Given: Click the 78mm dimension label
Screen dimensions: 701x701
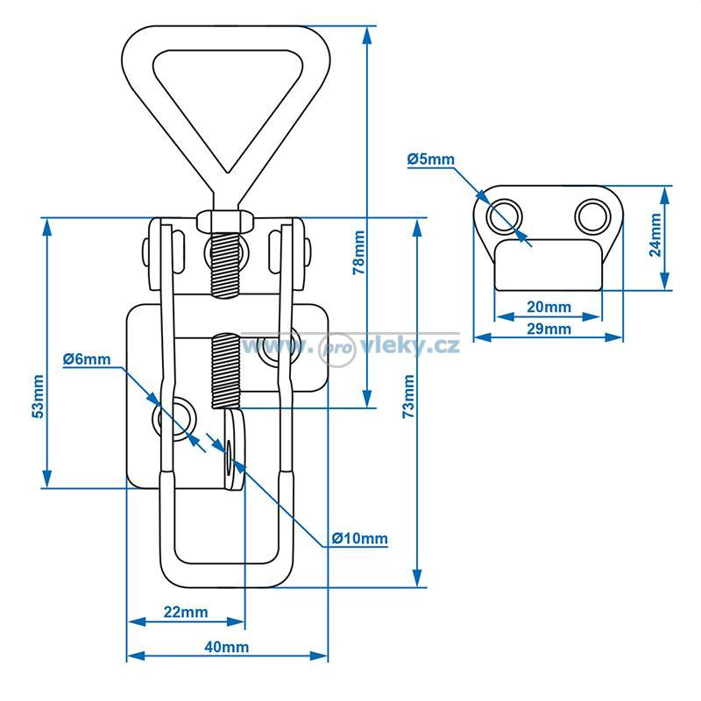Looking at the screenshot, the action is [x=358, y=252].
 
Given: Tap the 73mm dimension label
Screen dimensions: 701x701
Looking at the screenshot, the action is [x=408, y=397].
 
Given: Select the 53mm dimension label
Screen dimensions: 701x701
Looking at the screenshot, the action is [x=38, y=397].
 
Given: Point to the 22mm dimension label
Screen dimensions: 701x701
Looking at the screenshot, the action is [x=186, y=612].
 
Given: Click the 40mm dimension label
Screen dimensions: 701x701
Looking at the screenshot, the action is [x=227, y=647].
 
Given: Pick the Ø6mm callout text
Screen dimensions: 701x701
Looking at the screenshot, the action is [x=87, y=358].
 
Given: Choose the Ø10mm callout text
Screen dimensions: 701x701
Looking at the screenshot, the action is [x=360, y=538].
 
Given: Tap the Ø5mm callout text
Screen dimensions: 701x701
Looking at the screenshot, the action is [x=431, y=159].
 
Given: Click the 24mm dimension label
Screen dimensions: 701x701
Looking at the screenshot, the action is [x=655, y=235].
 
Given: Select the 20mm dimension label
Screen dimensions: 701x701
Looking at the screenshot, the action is [x=549, y=307].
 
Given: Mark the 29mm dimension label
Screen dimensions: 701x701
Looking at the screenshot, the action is [x=549, y=329].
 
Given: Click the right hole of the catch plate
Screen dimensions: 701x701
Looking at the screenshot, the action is [x=592, y=216].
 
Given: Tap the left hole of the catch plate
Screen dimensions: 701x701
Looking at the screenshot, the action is [x=506, y=216].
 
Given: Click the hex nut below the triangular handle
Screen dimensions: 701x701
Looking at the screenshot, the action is [x=225, y=222].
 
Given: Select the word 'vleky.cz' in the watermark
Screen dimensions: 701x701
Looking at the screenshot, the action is [x=409, y=346].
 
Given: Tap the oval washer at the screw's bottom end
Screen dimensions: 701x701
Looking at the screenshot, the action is [x=234, y=449].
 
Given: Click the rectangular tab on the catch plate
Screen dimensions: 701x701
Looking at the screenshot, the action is [x=549, y=266].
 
